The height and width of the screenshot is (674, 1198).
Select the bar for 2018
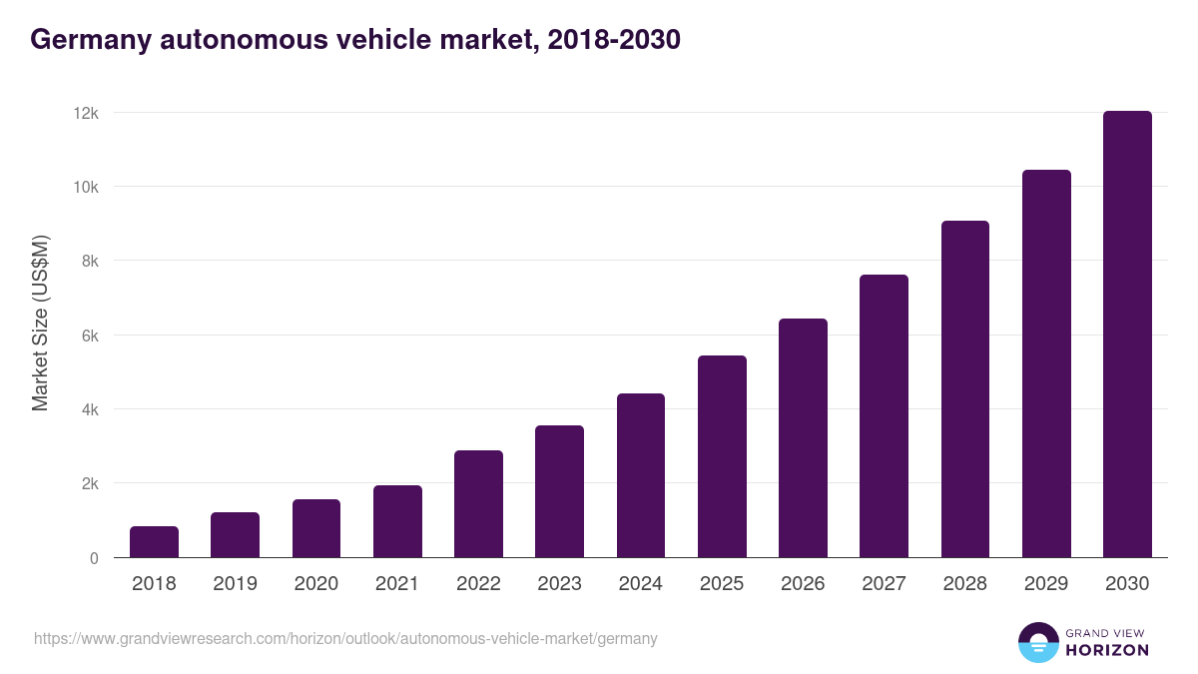pos(154,542)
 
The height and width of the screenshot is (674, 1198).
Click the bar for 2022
pos(478,504)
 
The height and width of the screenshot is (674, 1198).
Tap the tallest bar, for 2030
pos(1127,335)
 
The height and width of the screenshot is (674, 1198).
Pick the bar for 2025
pos(722,456)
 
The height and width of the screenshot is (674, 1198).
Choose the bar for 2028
pos(965,389)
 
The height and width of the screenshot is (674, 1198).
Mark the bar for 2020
pos(316,528)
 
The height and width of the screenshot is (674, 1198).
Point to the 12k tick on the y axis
pos(86,113)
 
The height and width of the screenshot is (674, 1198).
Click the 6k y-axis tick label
pos(89,336)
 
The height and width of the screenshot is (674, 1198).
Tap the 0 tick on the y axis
pos(94,558)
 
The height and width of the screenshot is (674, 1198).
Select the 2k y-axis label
pos(89,484)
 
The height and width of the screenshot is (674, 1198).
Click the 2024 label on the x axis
pos(640,584)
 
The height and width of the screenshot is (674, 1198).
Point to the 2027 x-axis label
pos(884,584)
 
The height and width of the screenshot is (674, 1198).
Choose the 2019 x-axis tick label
pos(235,584)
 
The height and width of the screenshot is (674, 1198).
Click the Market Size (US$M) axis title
pos(40,323)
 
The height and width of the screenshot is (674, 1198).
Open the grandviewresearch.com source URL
pos(345,638)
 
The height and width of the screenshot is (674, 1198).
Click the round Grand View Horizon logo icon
pos(1037,642)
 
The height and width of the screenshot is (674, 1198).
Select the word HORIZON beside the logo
pos(1107,650)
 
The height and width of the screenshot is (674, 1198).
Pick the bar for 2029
pos(1046,363)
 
